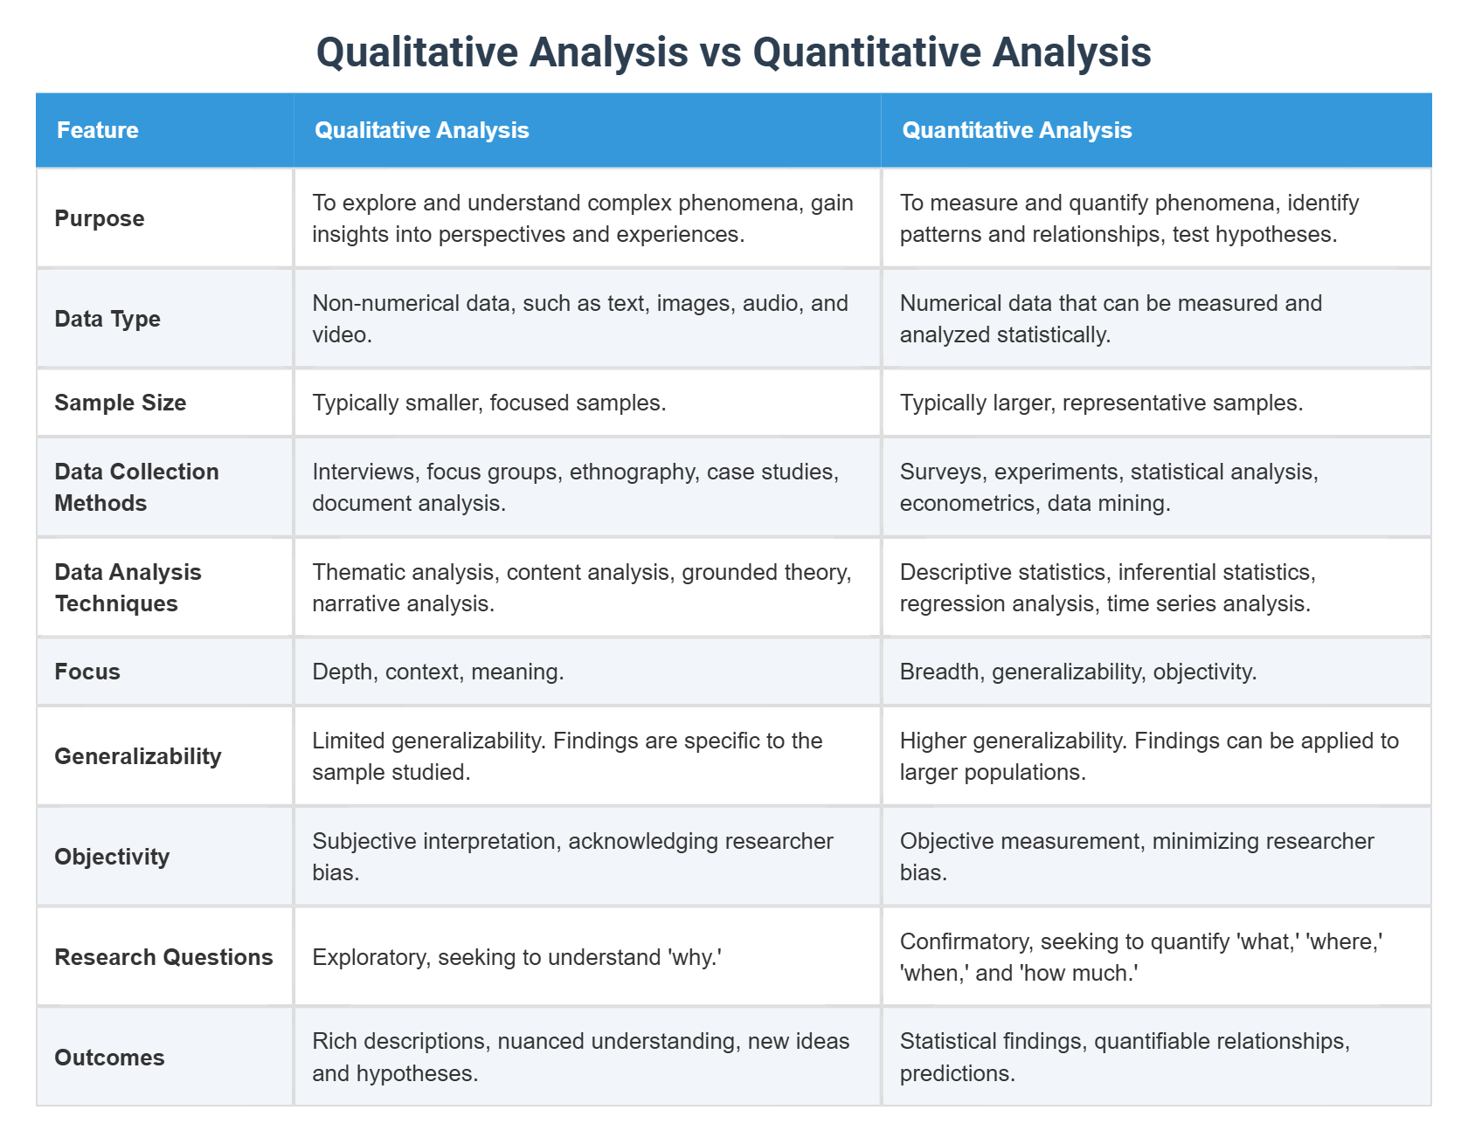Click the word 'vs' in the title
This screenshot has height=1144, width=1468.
pos(720,52)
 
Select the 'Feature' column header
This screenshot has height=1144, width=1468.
pos(98,130)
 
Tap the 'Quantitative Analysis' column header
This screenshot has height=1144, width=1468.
pos(1016,130)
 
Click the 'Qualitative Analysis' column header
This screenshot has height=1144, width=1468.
pos(421,130)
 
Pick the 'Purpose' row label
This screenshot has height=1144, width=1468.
pos(100,218)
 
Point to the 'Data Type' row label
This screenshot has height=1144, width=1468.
pos(107,319)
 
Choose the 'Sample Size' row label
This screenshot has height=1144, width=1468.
pos(121,403)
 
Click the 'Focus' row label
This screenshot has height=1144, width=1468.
pos(87,672)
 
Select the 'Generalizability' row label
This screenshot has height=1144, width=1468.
pos(138,756)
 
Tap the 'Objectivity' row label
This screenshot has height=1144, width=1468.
pos(112,857)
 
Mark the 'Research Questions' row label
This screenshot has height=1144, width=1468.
pos(163,957)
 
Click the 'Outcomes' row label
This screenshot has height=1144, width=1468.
pos(109,1058)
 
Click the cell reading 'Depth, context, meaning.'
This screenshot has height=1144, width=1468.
pos(438,672)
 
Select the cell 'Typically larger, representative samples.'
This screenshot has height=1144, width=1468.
pos(1101,403)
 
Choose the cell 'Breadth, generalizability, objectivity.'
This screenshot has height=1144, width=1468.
pos(1078,672)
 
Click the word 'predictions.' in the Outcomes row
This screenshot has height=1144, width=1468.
pos(958,1073)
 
